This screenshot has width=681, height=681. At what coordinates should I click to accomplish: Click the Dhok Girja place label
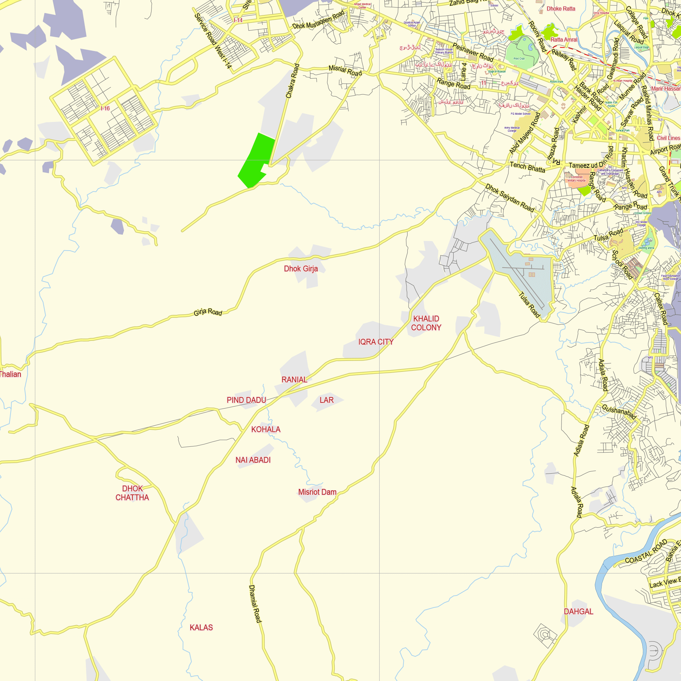point(301,269)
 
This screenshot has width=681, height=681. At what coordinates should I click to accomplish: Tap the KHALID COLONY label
point(426,323)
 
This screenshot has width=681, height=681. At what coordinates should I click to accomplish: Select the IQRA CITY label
point(376,342)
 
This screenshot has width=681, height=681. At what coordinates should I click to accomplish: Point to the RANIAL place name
point(294,380)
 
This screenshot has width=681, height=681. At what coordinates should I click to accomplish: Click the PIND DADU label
point(246,400)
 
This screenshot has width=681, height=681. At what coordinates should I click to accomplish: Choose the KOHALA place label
point(266,429)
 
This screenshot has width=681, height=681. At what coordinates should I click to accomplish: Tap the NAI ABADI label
point(253,460)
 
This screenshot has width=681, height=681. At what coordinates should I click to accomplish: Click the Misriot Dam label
point(317,492)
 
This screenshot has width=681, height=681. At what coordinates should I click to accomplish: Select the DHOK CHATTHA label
point(132,493)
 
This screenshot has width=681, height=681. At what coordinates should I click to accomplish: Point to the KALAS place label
point(201,628)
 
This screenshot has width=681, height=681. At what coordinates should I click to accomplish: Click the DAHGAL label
point(579,612)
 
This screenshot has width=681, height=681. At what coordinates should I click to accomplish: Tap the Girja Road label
point(208,312)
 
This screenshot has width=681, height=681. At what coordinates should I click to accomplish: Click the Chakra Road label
point(292,81)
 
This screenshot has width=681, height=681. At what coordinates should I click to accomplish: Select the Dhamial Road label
point(255,604)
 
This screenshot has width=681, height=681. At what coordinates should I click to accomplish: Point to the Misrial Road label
point(345,70)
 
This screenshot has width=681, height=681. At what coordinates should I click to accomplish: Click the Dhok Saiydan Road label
point(510,198)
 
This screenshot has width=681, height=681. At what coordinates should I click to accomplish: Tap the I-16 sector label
point(105,108)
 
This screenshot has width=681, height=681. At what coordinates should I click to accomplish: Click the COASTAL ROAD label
point(646,552)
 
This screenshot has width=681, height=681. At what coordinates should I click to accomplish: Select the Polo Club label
point(519,59)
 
